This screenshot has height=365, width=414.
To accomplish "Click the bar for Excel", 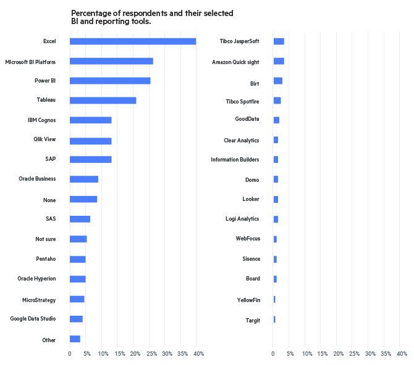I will pyautogui.click(x=133, y=41).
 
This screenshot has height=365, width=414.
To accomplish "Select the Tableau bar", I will pyautogui.click(x=103, y=100).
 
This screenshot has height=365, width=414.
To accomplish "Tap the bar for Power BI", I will pyautogui.click(x=110, y=81).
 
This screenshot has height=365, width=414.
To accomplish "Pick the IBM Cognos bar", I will pyautogui.click(x=90, y=120).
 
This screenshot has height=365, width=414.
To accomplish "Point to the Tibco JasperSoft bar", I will pyautogui.click(x=279, y=41).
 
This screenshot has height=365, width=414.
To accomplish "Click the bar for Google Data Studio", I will pyautogui.click(x=76, y=319).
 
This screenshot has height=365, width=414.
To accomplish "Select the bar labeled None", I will pyautogui.click(x=83, y=199).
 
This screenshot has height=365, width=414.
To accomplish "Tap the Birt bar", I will pyautogui.click(x=277, y=81).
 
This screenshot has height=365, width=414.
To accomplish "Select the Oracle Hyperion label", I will pyautogui.click(x=36, y=279).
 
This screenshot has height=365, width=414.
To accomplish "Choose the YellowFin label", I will pyautogui.click(x=248, y=300).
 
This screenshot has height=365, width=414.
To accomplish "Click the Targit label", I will pyautogui.click(x=253, y=320).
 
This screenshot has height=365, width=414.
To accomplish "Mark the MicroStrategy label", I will pyautogui.click(x=38, y=300).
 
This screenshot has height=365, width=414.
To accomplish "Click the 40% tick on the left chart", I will pyautogui.click(x=198, y=354).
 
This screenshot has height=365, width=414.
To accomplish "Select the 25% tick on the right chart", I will pyautogui.click(x=355, y=354).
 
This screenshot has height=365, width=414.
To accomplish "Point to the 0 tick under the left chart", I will pyautogui.click(x=70, y=354).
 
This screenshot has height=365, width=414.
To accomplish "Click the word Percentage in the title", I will pyautogui.click(x=90, y=13).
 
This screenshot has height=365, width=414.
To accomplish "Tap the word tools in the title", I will pyautogui.click(x=139, y=22).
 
